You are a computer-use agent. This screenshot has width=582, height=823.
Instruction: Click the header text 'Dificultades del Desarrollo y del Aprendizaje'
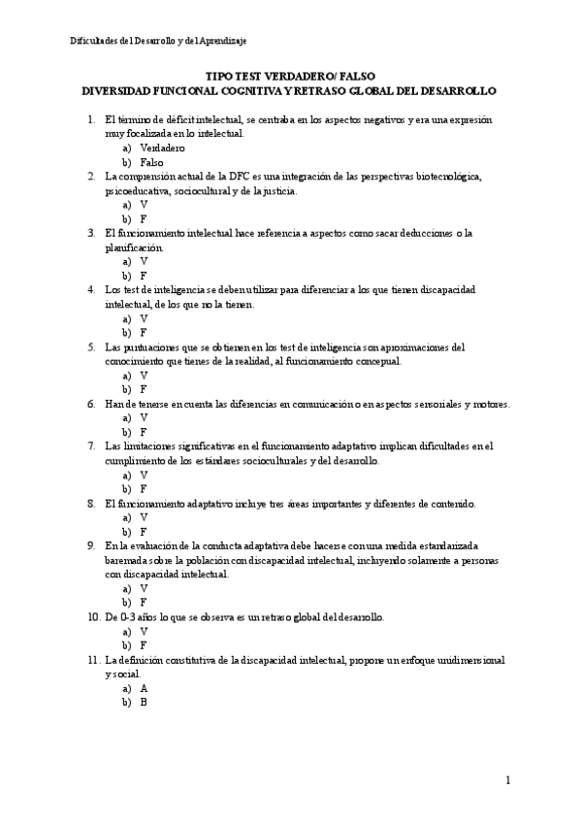pos(158,41)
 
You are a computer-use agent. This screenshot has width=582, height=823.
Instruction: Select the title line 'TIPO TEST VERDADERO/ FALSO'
pos(290,76)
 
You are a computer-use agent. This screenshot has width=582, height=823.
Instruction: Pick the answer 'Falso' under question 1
pos(151,162)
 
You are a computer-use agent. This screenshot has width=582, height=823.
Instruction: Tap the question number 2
pos(91,177)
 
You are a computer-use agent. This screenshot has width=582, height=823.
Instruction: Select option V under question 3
pos(144,261)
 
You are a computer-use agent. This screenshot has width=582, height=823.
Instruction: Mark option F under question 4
pos(144,332)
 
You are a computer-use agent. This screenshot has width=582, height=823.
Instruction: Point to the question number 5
pos(91,346)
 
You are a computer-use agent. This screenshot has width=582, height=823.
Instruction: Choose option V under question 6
pos(144,417)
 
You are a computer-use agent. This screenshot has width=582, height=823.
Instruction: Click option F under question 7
pos(144,489)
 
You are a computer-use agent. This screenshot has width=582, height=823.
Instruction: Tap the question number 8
pos(91,504)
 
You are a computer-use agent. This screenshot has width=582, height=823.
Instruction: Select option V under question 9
pos(144,588)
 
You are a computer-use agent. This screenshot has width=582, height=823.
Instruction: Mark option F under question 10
pos(144,644)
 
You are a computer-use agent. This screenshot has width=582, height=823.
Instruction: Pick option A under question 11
pos(144,687)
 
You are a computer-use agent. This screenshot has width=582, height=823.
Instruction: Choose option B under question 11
pos(144,702)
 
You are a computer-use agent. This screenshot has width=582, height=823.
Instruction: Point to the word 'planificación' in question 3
pos(135,247)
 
